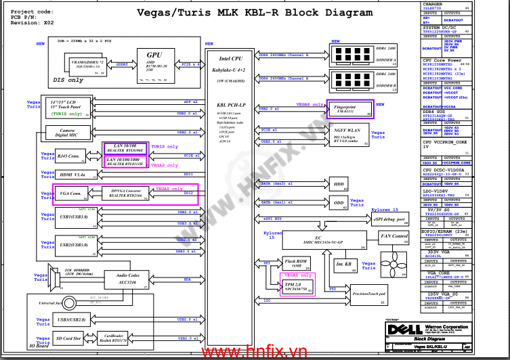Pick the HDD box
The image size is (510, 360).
coord(339,184)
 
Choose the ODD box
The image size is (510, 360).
coord(339,203)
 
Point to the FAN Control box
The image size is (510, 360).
coord(394,237)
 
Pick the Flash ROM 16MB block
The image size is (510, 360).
coord(296,264)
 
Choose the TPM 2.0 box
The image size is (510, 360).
coord(297,287)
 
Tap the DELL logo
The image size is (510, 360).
coord(400,330)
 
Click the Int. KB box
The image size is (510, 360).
coord(343,264)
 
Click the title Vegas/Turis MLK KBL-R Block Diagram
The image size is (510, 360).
coord(254,13)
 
